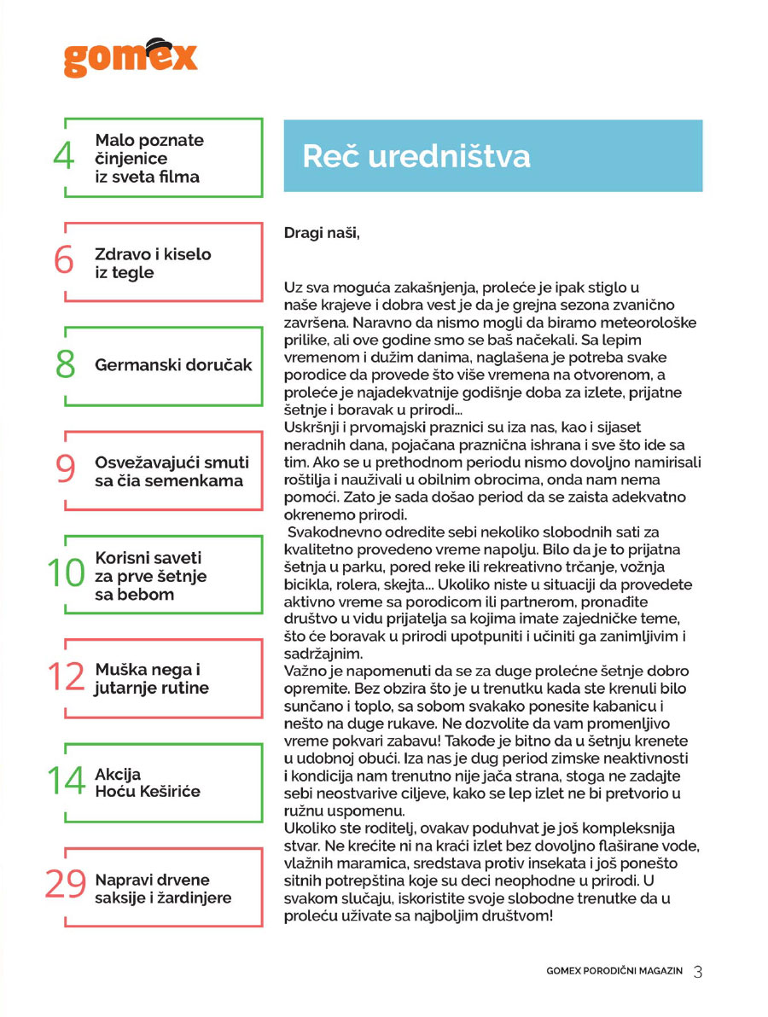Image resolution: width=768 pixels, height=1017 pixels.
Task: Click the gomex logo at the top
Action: pyautogui.click(x=130, y=57)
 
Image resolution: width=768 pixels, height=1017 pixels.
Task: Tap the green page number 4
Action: pyautogui.click(x=64, y=158)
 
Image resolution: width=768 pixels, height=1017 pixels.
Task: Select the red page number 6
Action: pyautogui.click(x=64, y=262)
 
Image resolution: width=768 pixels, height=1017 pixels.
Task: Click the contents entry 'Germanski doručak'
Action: pyautogui.click(x=174, y=365)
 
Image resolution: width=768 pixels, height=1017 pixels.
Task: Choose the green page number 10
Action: pyautogui.click(x=66, y=575)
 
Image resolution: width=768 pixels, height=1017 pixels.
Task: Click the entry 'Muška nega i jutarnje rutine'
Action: pyautogui.click(x=152, y=679)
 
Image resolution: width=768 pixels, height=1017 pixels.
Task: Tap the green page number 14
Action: pyautogui.click(x=66, y=782)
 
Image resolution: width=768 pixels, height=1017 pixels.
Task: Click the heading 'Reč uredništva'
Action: pyautogui.click(x=416, y=157)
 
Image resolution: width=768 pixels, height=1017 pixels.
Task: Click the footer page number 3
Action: pyautogui.click(x=697, y=972)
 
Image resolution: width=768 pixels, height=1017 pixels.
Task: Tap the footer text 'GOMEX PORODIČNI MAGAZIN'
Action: pyautogui.click(x=614, y=972)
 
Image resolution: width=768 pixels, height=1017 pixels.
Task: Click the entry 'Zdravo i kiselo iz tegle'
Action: pyautogui.click(x=153, y=263)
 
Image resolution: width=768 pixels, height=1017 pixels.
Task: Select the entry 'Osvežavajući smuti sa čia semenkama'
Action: pyautogui.click(x=172, y=471)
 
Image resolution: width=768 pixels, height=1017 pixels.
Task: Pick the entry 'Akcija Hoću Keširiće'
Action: pyautogui.click(x=148, y=782)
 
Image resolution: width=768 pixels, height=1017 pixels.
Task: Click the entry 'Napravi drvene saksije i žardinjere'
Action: pyautogui.click(x=163, y=888)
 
